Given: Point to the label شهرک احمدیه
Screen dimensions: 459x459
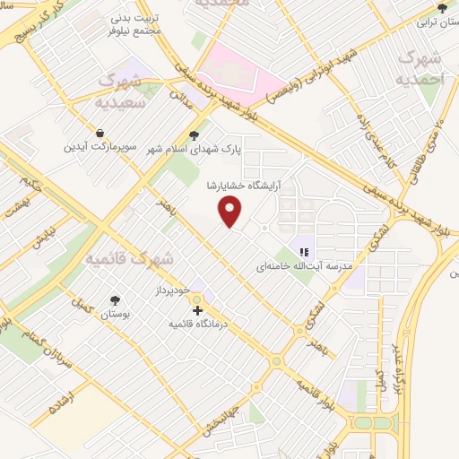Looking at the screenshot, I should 420,66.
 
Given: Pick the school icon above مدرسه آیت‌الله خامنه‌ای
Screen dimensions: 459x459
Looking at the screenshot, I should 305,252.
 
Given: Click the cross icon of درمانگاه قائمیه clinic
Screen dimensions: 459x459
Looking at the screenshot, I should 197,311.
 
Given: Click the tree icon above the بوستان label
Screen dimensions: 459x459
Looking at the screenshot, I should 116,300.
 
